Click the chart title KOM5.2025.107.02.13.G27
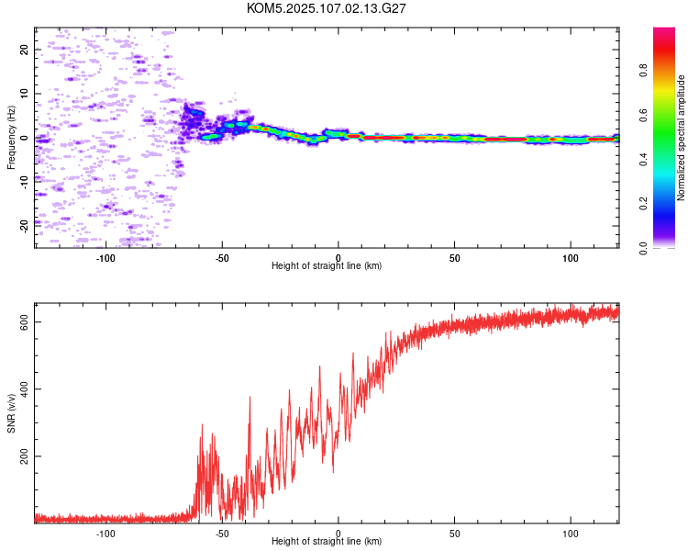coord(326,8)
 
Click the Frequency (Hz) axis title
coord(11,138)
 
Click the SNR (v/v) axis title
coord(11,413)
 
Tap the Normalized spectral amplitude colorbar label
coord(681,138)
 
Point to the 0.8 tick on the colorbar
coord(643,71)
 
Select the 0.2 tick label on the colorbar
coord(643,204)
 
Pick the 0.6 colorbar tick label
coord(643,115)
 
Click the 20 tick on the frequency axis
coord(25,50)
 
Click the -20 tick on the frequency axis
coord(25,227)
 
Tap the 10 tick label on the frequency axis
coord(25,94)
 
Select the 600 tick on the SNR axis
coord(25,322)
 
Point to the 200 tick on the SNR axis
coord(25,456)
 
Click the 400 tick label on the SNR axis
coord(25,389)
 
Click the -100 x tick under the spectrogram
coord(105,258)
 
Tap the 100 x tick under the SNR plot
coord(571,534)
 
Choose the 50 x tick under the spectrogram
coord(455,258)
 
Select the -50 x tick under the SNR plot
coord(222,534)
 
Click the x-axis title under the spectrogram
coord(327,265)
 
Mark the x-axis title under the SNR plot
coord(327,541)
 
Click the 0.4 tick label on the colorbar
coord(643,160)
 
